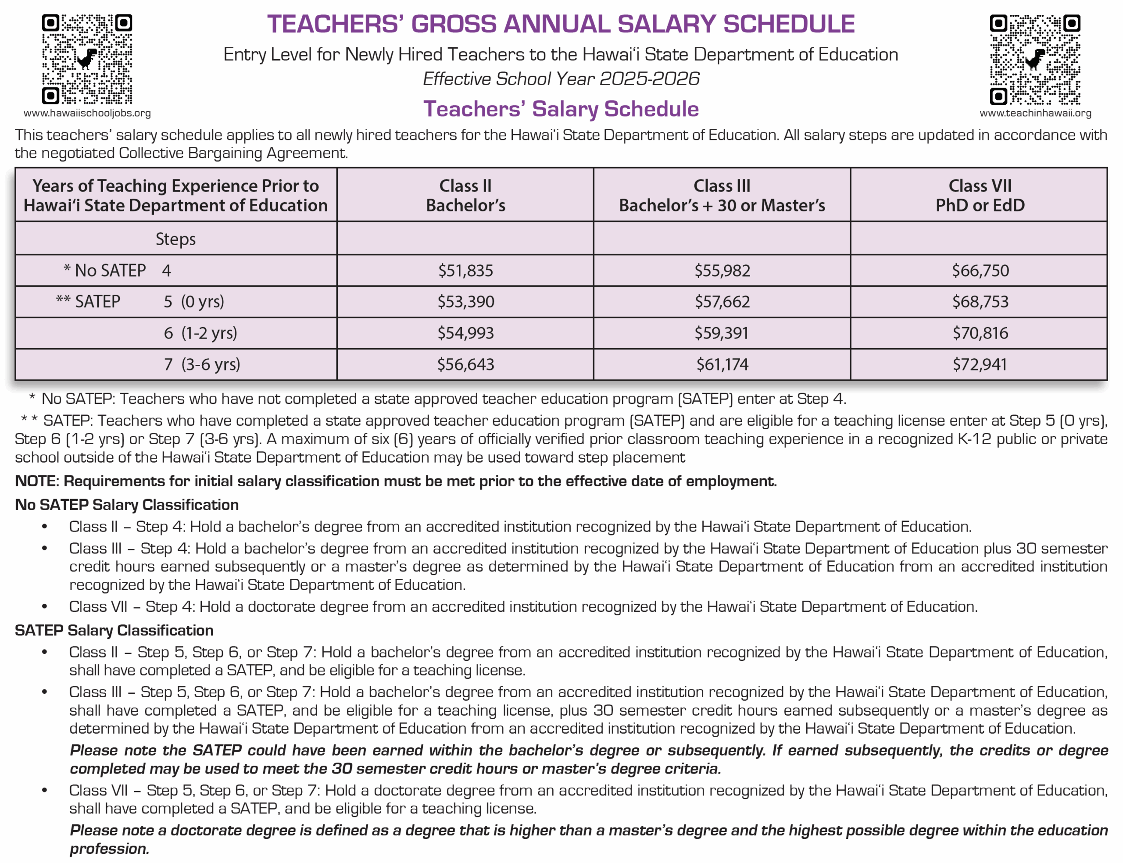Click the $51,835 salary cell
465,270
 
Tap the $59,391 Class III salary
721,333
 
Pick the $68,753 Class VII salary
980,302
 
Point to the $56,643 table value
465,364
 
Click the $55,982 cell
722,270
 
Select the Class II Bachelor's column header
465,195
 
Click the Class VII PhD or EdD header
979,195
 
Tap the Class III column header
721,195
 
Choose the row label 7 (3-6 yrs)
202,364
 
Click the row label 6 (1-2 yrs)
200,333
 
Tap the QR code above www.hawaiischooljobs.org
87,59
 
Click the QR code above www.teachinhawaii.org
1035,59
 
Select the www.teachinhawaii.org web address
1035,113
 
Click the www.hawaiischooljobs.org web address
87,113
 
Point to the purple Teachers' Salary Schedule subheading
561,109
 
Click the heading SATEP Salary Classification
114,630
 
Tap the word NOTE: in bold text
37,481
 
